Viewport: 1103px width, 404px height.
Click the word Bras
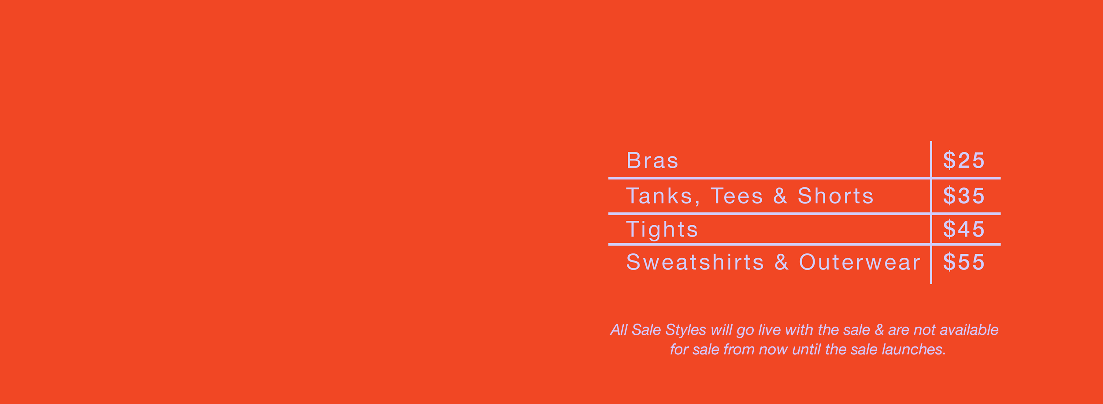pyautogui.click(x=652, y=161)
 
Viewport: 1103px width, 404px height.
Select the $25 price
pyautogui.click(x=964, y=161)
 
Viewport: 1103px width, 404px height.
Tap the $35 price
pyautogui.click(x=964, y=196)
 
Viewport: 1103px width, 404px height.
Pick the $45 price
pyautogui.click(x=964, y=229)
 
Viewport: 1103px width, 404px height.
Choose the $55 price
pyautogui.click(x=964, y=262)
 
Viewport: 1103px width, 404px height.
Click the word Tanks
pyautogui.click(x=663, y=197)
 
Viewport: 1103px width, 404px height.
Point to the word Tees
pyautogui.click(x=737, y=196)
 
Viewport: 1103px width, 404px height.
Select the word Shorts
pyautogui.click(x=835, y=196)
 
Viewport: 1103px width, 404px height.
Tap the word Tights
pyautogui.click(x=662, y=230)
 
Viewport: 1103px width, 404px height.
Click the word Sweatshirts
pyautogui.click(x=695, y=262)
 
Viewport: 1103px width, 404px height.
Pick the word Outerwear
pyautogui.click(x=859, y=262)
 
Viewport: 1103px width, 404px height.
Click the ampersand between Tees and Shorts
pyautogui.click(x=780, y=196)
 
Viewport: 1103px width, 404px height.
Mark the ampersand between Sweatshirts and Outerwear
pyautogui.click(x=782, y=262)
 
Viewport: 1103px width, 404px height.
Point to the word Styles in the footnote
pyautogui.click(x=685, y=330)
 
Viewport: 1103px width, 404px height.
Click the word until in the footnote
pyautogui.click(x=806, y=350)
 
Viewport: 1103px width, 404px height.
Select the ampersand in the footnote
pyautogui.click(x=879, y=330)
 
